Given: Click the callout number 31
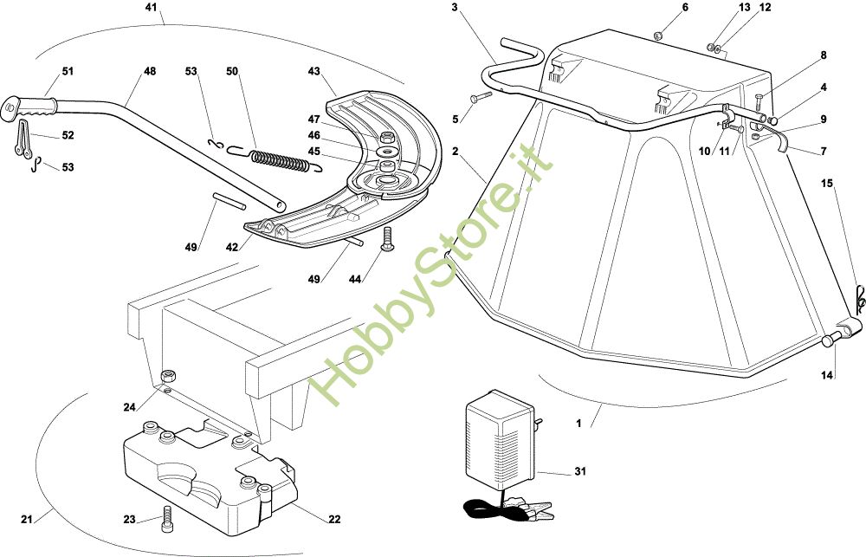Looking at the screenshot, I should (580, 471).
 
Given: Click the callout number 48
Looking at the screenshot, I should (150, 71).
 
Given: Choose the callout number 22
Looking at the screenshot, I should (334, 519).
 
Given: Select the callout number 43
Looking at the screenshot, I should (313, 70).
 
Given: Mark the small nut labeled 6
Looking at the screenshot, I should (658, 36).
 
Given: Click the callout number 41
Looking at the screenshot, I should (152, 8).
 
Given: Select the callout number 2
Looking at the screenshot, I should (454, 150).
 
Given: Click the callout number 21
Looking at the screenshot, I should (27, 520).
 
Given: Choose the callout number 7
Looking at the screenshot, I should (824, 152).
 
